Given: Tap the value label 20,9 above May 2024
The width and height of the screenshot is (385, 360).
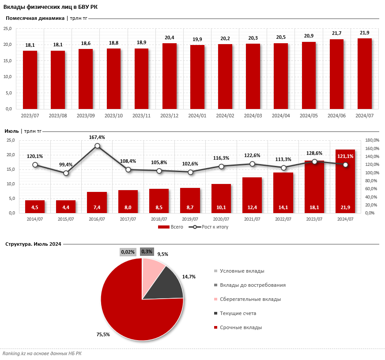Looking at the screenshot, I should (x=309, y=36).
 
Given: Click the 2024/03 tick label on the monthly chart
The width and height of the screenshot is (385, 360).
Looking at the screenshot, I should (x=253, y=116).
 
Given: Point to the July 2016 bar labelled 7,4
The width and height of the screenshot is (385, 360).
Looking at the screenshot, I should (x=97, y=202).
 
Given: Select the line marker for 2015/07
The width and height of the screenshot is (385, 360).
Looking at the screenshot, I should (x=66, y=173).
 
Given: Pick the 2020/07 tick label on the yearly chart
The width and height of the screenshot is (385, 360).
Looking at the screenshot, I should (x=221, y=219).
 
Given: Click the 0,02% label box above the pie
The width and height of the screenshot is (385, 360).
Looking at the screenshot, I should (x=128, y=251).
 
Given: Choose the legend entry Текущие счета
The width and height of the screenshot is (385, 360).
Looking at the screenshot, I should (x=238, y=313).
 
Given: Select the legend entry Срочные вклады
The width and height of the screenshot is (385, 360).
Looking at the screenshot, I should (x=241, y=327).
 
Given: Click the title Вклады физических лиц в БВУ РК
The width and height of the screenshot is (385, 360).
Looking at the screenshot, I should (x=51, y=6).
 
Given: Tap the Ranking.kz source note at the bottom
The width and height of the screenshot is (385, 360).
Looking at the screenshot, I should (x=42, y=353).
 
